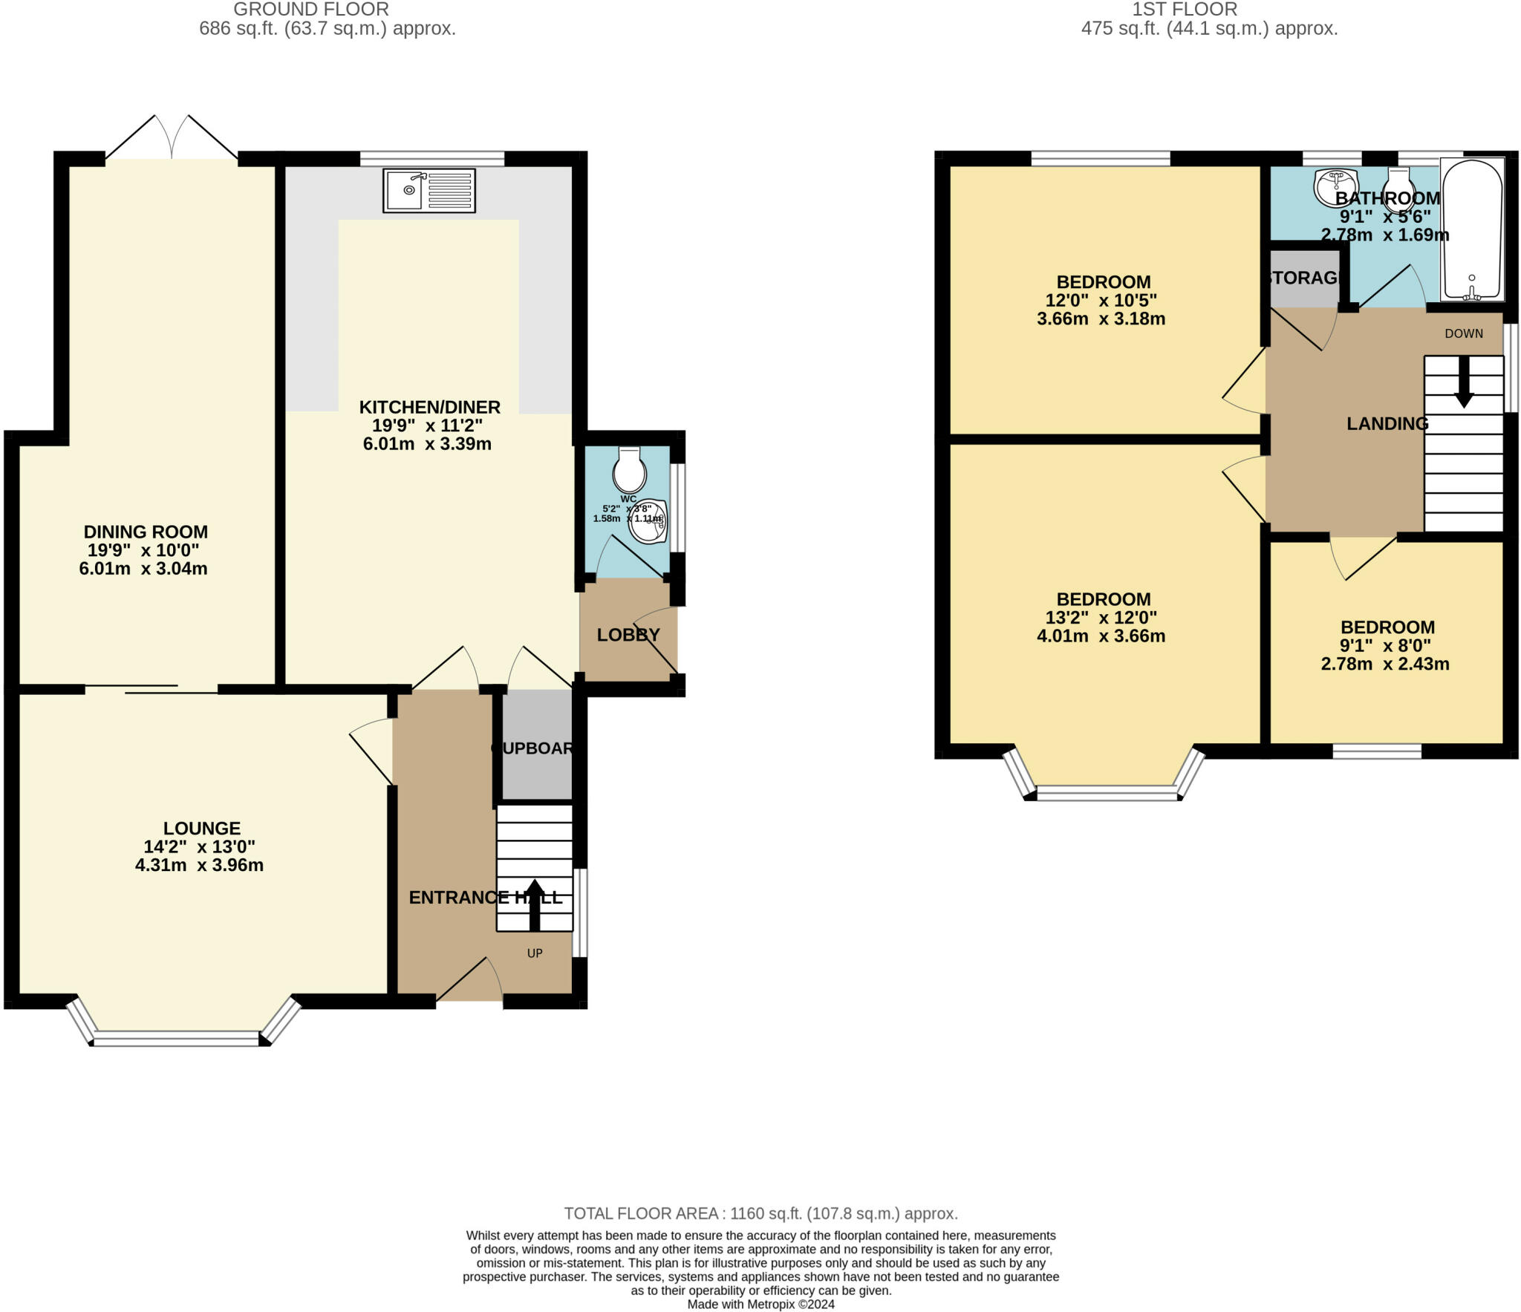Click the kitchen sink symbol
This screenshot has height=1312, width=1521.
pos(429,191)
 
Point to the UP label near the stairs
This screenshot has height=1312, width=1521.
pos(535,953)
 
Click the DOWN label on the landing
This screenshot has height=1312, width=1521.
pos(1463,333)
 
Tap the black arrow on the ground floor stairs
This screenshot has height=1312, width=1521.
pos(535,904)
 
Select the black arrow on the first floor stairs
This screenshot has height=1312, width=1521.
pos(1464,382)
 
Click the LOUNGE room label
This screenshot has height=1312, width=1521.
pos(201,828)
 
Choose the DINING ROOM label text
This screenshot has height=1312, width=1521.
pos(146,532)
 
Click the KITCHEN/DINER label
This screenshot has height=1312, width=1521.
pos(429,407)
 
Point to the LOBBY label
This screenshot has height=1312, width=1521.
pos(628,635)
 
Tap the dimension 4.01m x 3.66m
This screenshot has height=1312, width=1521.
pos(1101,636)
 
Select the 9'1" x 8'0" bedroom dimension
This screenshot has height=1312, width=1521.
pos(1384,646)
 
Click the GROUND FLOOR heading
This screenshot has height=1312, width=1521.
pos(311,10)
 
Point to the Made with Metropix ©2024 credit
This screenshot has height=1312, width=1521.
pos(760,1304)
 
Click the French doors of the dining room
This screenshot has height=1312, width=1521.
pos(172,141)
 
